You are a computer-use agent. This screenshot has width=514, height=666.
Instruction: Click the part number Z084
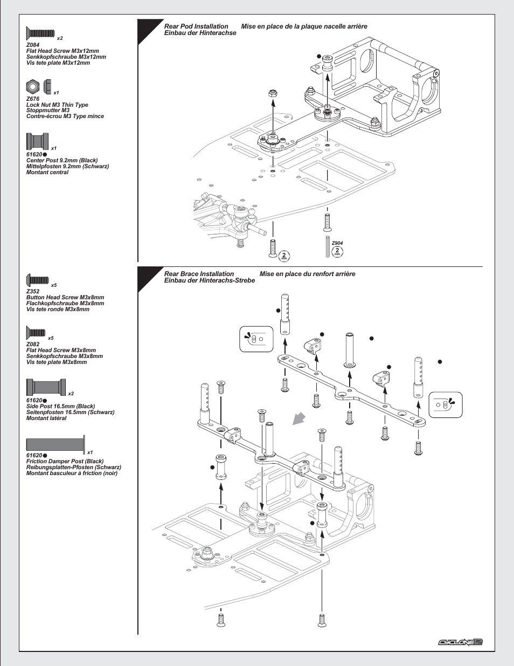coord(33,45)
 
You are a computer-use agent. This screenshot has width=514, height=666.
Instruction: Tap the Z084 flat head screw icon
coord(40,33)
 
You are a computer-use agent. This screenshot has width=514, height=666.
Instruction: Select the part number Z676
coord(33,99)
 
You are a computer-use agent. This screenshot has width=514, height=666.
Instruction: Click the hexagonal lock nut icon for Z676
coord(33,86)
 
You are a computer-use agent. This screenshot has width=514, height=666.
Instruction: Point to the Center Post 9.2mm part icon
coord(37,141)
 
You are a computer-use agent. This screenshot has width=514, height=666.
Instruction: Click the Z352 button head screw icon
coord(38,280)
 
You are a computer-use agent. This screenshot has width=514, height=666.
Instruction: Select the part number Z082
coord(33,344)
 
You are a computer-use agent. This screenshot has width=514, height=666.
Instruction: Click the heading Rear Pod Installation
coord(196,26)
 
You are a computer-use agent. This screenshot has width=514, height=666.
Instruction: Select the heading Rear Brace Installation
coord(199,274)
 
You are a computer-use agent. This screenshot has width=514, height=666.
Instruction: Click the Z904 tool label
coord(337,243)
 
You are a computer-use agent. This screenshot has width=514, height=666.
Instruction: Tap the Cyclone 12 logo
coord(460,642)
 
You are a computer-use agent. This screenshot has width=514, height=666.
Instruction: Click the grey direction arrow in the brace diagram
coord(298,418)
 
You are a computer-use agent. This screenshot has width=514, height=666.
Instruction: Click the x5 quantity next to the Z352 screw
coord(54,285)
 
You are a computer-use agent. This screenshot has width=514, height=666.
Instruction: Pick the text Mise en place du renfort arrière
coord(307,274)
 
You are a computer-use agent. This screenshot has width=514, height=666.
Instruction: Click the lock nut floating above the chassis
coord(273,93)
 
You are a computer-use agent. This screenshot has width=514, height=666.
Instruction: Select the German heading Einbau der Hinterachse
coord(200,33)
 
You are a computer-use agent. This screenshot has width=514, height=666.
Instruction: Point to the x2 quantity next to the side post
coord(71,394)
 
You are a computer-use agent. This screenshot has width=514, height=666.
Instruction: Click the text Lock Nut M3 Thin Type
coord(57,105)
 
